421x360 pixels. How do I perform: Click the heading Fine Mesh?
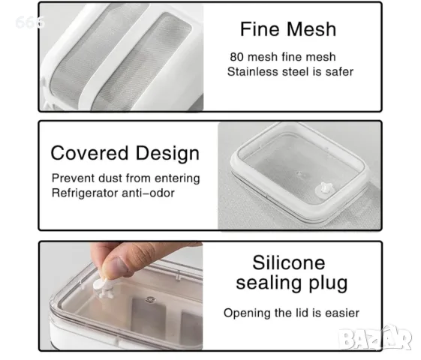288,29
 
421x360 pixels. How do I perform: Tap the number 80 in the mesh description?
236,57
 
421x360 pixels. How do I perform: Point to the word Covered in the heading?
89,153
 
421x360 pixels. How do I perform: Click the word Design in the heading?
167,154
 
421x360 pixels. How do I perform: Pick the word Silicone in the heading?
289,262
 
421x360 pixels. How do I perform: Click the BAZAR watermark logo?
375,338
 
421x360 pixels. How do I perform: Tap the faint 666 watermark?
29,22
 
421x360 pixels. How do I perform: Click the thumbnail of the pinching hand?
121,295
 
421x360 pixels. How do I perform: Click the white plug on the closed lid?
324,187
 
